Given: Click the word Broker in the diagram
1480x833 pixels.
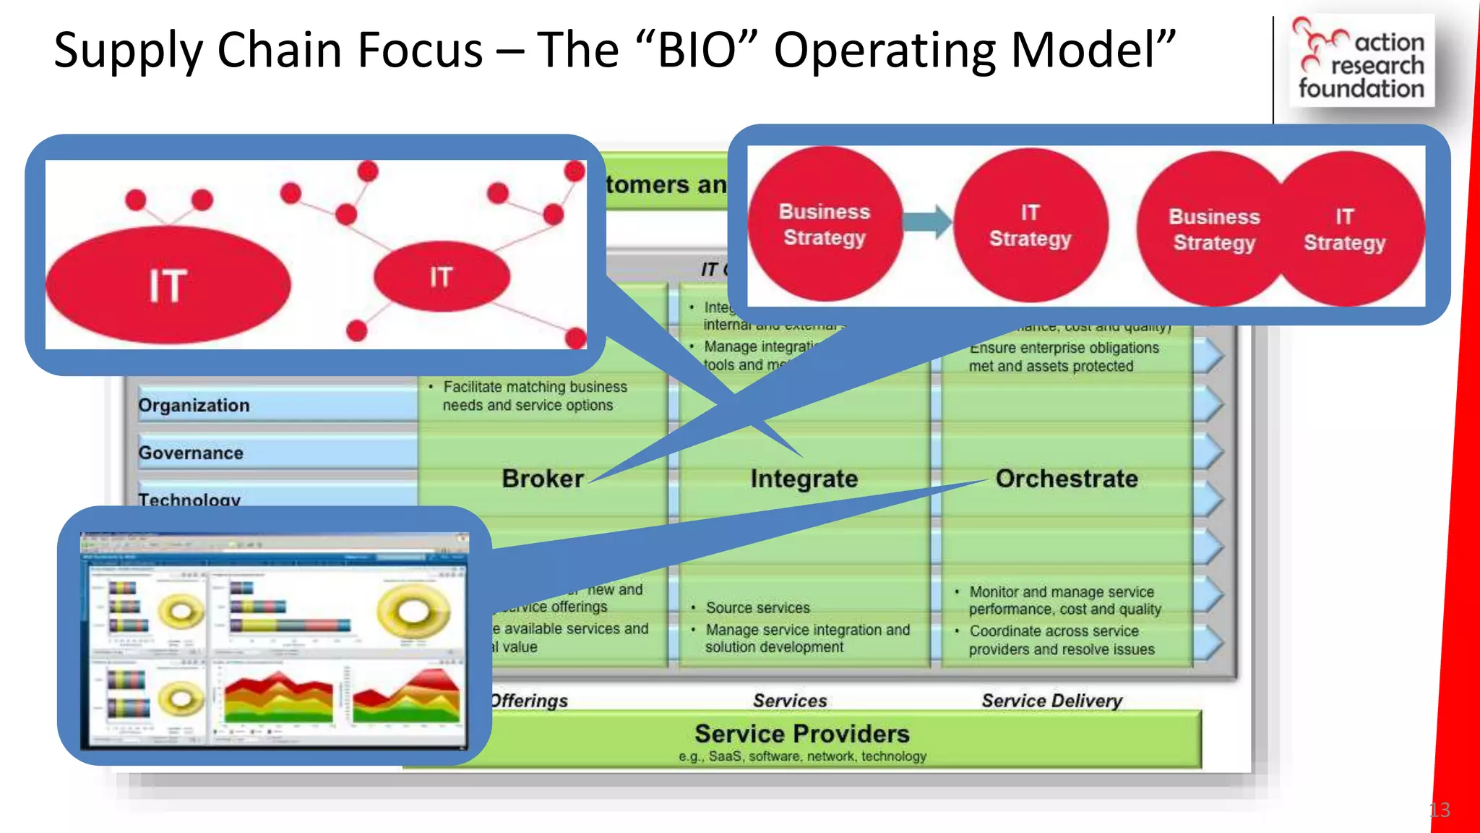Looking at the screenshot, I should [x=542, y=479].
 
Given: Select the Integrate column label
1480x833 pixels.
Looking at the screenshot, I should [x=804, y=479].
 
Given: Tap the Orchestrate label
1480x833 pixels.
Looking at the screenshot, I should [x=1066, y=479].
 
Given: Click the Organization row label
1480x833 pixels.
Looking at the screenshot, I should [x=194, y=406].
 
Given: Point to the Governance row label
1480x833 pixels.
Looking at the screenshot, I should [x=191, y=453].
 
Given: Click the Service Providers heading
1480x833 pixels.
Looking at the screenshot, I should [x=801, y=734].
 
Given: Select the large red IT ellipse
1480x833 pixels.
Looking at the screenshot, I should [x=168, y=285].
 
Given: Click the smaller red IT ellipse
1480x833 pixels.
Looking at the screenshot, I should [x=442, y=277].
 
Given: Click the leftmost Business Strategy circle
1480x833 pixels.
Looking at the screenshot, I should [x=825, y=225].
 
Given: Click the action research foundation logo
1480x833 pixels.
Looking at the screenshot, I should [x=1361, y=61].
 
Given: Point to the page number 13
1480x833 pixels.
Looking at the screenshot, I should [x=1440, y=810].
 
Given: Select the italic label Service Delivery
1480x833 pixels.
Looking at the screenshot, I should [x=1051, y=701].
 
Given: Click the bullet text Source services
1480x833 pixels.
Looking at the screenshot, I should [x=757, y=608].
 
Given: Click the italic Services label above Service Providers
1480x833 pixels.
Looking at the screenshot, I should [x=789, y=701].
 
